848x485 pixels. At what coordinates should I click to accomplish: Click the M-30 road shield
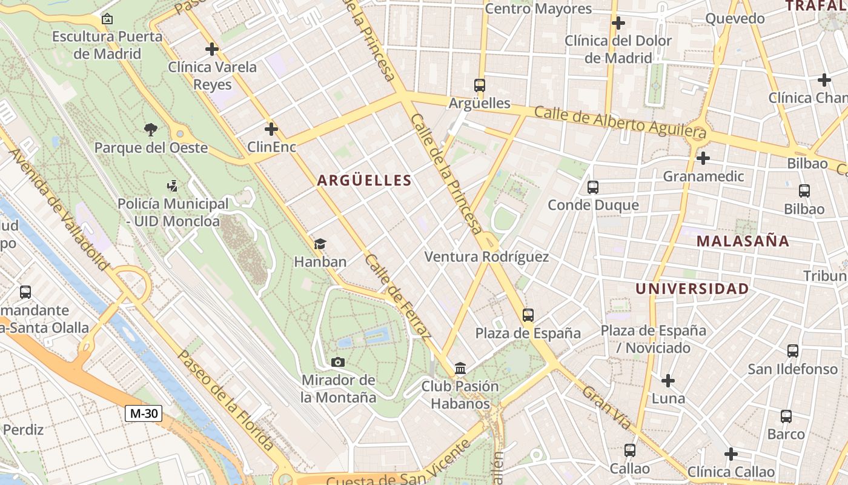144,413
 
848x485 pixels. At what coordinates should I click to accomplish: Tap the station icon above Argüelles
480,85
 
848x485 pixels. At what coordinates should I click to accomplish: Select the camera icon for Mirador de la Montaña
338,363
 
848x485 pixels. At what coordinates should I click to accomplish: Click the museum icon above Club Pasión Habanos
460,368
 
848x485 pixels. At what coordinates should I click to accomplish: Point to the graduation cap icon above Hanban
320,244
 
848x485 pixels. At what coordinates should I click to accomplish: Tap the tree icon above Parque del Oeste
150,129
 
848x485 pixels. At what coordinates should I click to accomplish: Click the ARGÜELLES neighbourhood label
364,180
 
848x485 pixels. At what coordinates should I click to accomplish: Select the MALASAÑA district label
743,241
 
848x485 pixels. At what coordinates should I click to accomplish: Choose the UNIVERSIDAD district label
692,289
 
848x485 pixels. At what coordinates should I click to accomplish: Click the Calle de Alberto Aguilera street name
620,121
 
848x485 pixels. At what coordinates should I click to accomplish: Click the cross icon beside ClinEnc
271,129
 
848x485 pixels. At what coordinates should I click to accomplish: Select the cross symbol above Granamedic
703,158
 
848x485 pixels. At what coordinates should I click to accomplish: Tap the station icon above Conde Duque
593,187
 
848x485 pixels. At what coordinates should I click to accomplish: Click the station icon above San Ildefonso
792,351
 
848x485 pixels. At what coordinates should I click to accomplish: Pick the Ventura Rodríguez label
486,257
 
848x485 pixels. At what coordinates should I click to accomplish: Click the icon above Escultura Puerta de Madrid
107,19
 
